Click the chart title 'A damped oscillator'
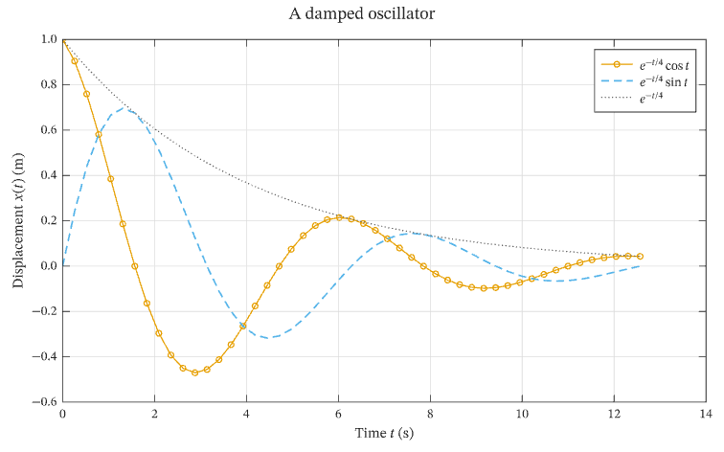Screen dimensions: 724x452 362,13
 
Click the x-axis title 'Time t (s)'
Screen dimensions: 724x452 384,433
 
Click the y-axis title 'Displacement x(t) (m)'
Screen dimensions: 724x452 18,220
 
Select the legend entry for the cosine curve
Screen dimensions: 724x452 645,65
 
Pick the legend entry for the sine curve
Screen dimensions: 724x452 645,81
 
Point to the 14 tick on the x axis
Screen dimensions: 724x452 706,414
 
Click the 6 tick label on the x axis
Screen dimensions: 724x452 338,414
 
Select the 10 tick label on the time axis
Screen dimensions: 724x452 522,414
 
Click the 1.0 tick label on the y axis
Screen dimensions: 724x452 49,39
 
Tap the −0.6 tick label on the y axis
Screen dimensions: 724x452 45,401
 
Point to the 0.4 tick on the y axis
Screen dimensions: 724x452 49,175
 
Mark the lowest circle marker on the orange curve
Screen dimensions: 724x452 194,373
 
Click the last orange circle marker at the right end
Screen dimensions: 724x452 640,257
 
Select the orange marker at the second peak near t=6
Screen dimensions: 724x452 339,217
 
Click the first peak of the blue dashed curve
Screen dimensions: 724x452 124,107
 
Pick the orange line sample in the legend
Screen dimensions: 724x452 617,64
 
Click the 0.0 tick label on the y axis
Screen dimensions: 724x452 49,266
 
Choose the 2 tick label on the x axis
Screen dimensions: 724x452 154,414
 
